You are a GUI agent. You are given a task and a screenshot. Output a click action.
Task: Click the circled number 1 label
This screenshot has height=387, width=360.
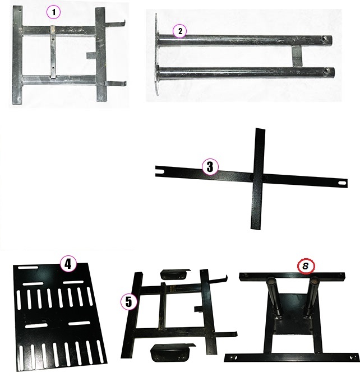coord(53,12)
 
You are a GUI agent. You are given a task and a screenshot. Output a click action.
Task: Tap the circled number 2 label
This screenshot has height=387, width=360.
coord(180,31)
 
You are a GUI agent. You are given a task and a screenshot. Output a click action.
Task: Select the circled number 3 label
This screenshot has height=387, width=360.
coord(210,166)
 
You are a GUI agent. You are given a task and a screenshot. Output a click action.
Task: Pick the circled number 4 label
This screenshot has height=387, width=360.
coord(68,264)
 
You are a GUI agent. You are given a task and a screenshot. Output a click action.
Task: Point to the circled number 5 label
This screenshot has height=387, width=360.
coord(129,302)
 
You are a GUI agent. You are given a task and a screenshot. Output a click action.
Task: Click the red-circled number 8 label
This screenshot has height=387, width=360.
coord(306,266)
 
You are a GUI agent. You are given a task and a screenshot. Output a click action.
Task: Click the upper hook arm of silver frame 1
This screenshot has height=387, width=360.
coord(116,24)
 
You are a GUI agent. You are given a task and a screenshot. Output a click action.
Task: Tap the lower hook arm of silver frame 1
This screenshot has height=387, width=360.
coord(116,83)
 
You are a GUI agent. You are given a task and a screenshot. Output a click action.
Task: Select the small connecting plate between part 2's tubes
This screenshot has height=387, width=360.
coord(297,56)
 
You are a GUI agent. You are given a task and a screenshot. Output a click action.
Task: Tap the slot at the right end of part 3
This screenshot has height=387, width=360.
coord(343,183)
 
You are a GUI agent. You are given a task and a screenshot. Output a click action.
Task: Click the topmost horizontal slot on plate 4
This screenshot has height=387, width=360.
coord(28,267)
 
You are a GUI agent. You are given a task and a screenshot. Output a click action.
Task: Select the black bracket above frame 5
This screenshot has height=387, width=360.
coord(175,274)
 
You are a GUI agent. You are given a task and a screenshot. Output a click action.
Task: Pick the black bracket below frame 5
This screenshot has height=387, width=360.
coord(172,353)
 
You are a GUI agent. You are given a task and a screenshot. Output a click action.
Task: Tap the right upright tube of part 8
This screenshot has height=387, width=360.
coord(312,296)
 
